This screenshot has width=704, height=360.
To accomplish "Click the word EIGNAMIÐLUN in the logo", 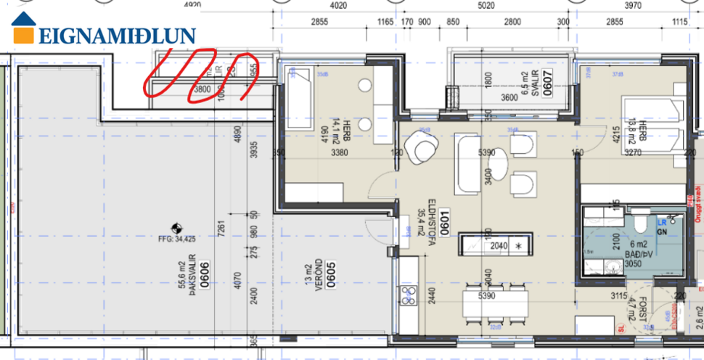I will pyautogui.click(x=117, y=36).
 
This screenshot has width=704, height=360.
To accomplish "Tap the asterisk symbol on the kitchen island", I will pyautogui.click(x=518, y=246).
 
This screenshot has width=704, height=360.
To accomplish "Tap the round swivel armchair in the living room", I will pyautogui.click(x=421, y=147).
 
